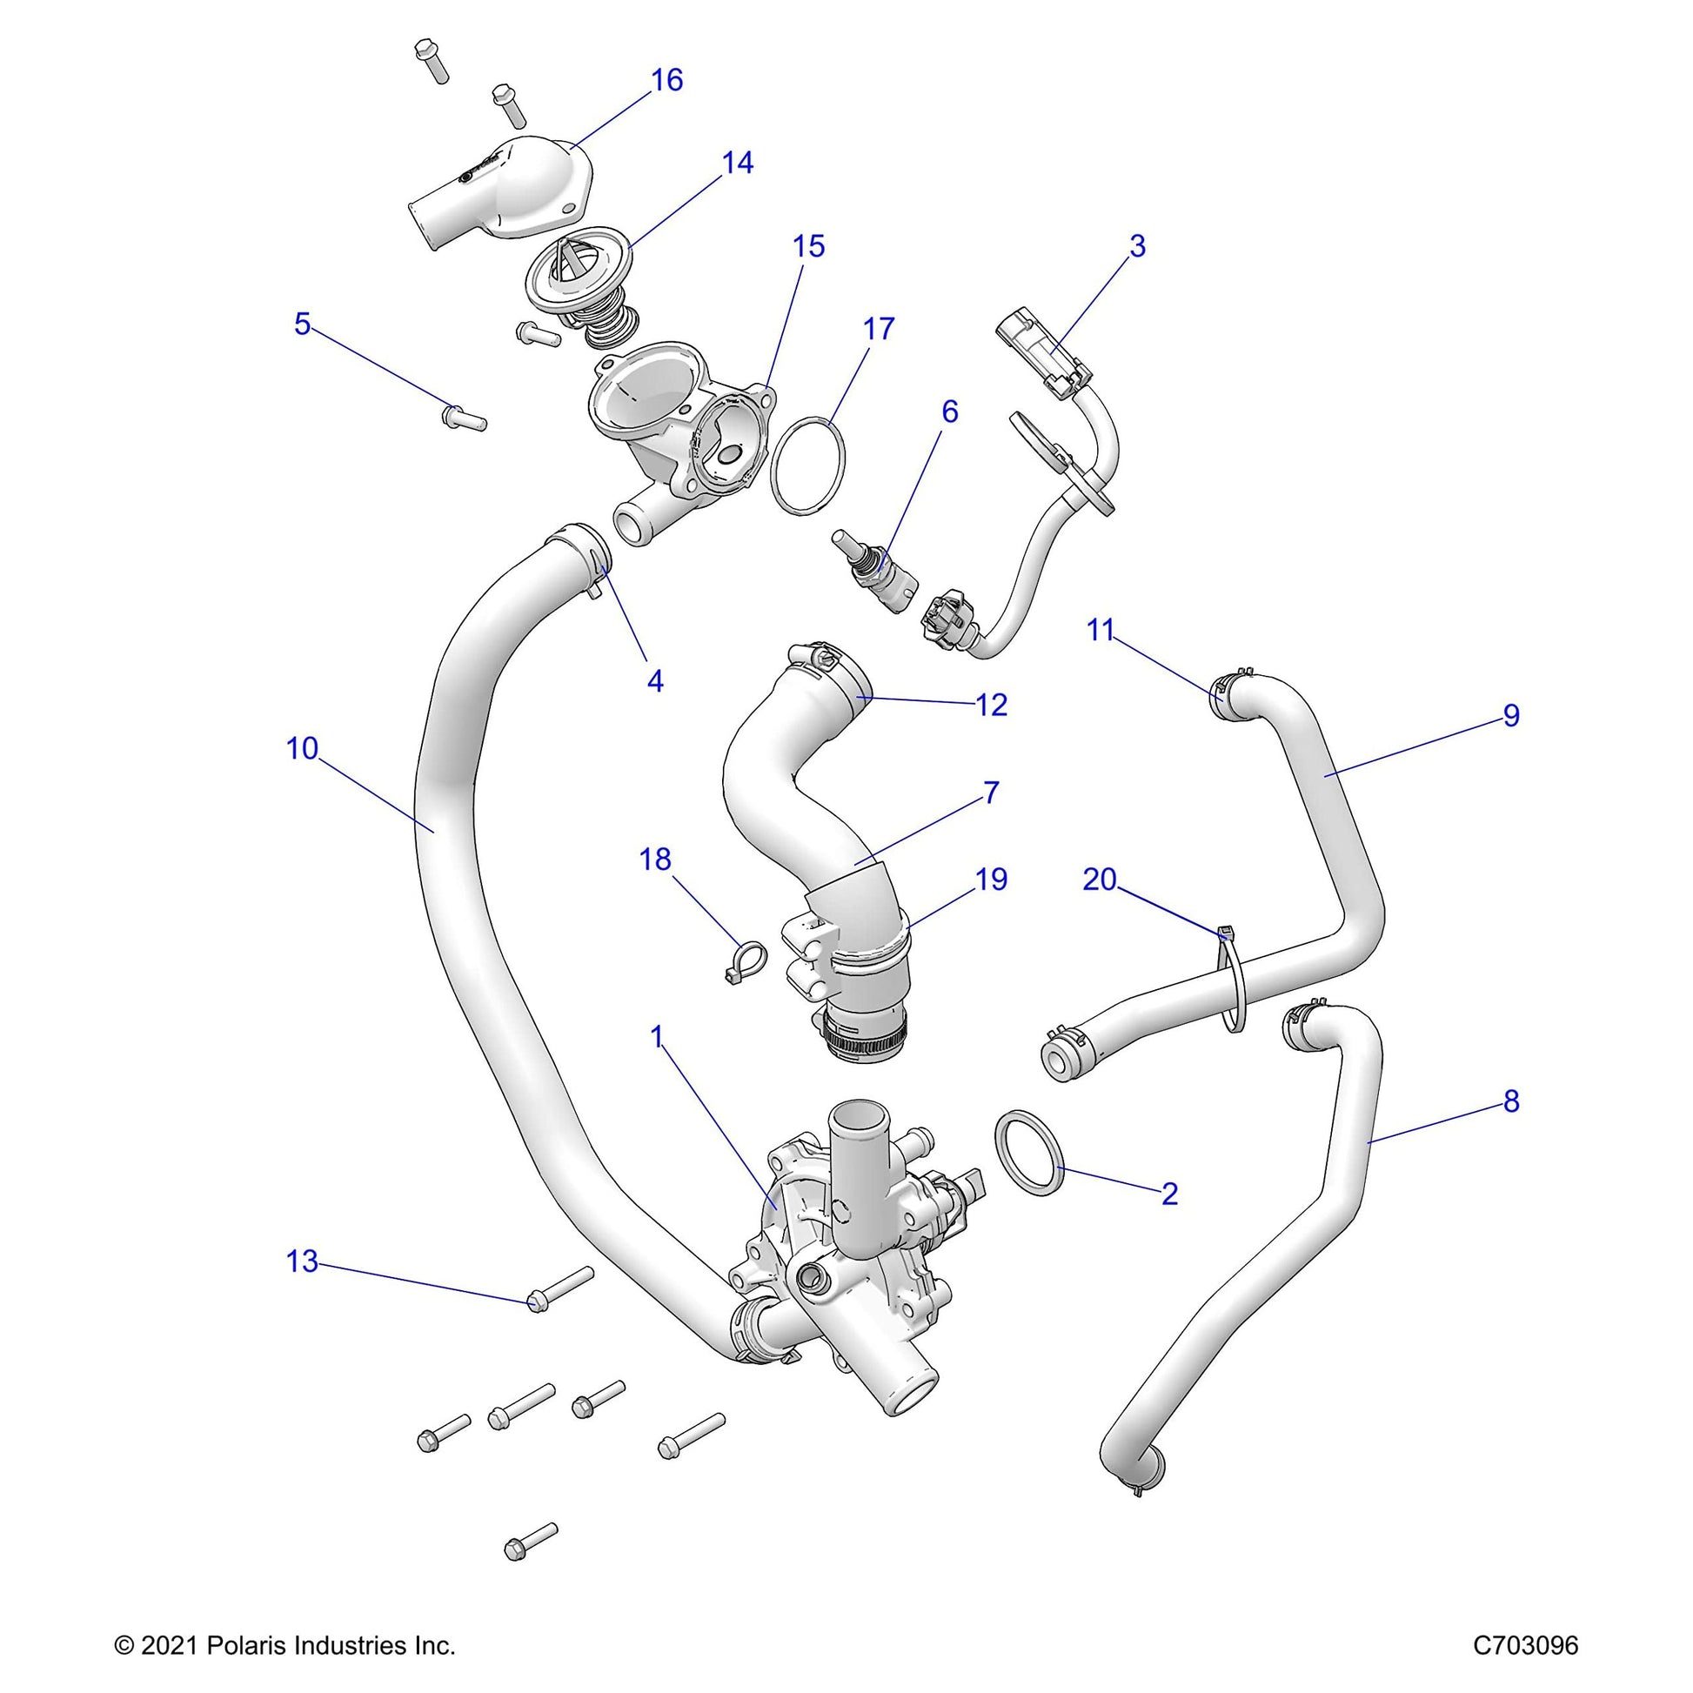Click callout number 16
click(667, 81)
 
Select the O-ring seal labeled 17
click(809, 465)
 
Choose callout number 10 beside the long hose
click(303, 749)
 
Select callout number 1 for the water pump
click(657, 1038)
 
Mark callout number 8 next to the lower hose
click(1510, 1102)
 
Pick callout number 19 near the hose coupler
click(991, 879)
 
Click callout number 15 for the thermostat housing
click(809, 247)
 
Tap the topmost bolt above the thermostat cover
click(432, 59)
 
